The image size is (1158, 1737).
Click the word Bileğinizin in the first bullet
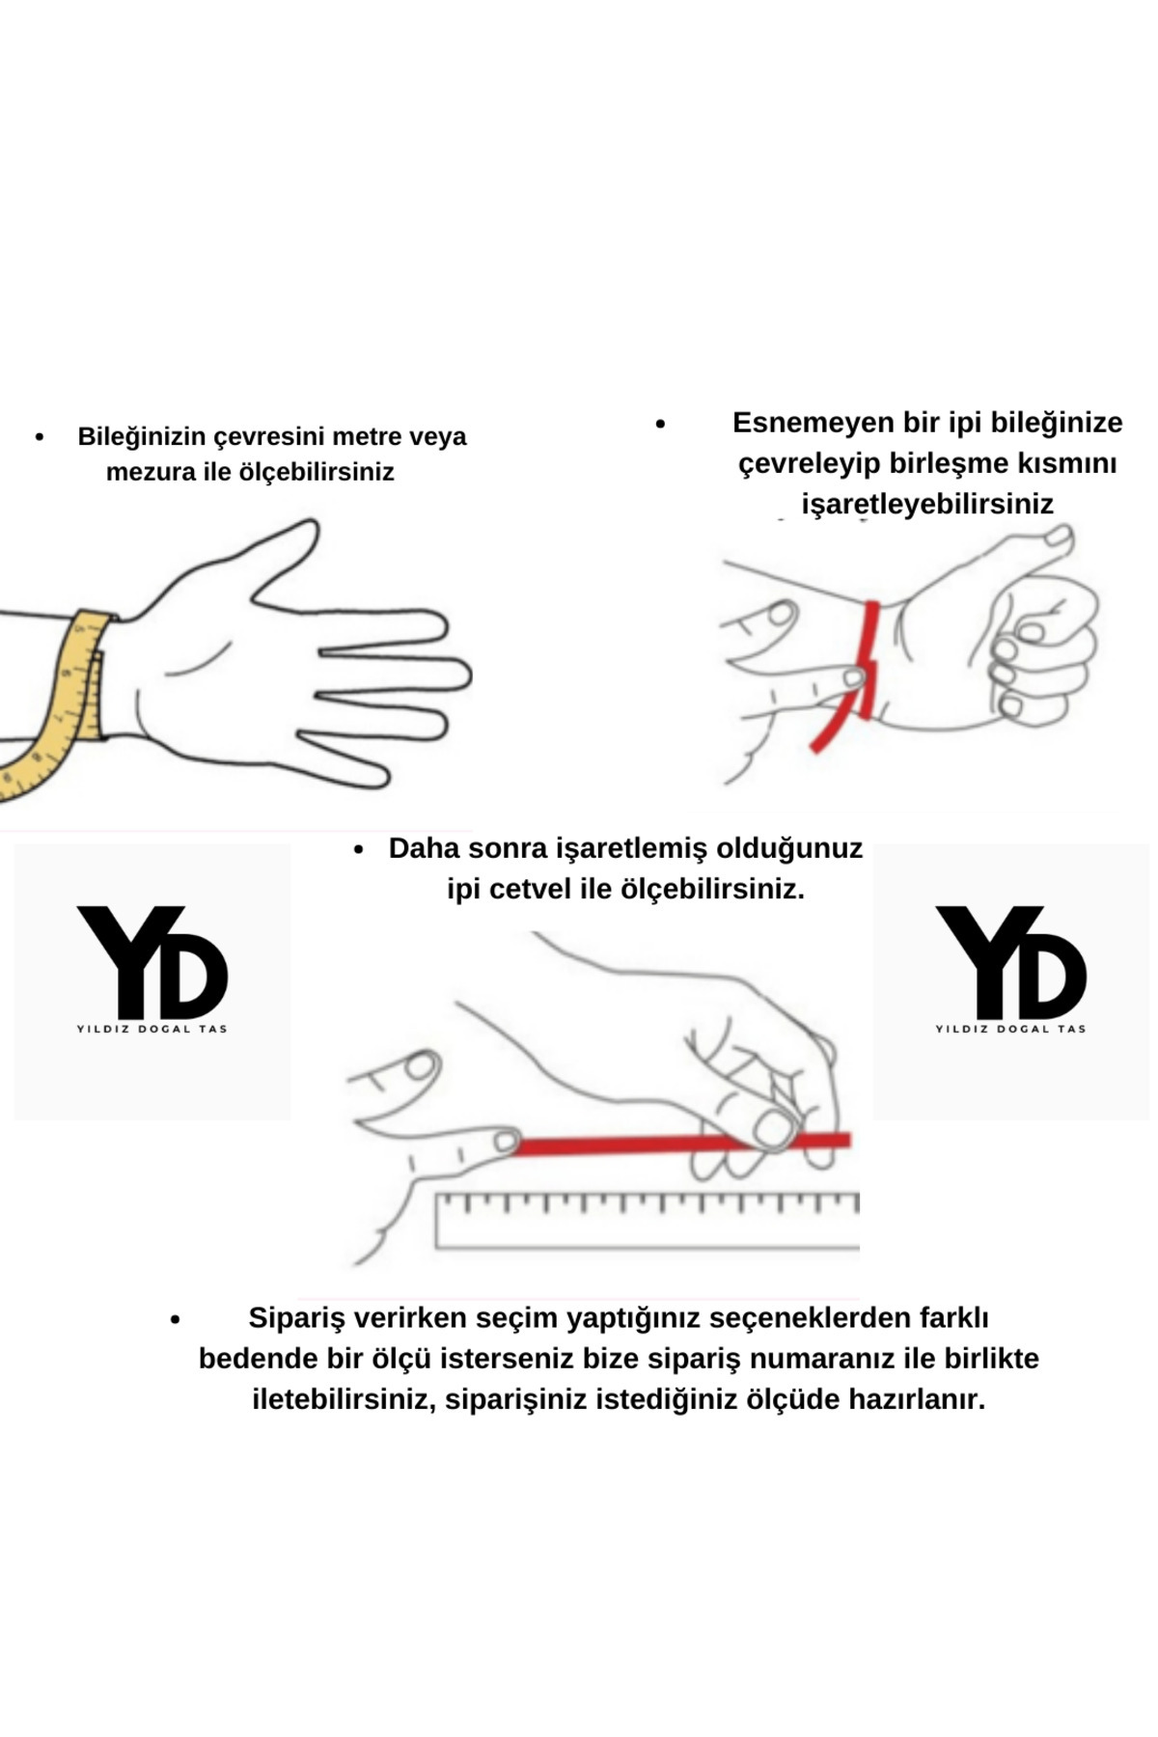pos(142,437)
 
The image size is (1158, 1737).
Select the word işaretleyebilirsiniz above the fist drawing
pos(927,504)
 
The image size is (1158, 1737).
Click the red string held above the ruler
pos(681,1144)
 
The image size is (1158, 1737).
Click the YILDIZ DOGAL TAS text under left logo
pos(152,1029)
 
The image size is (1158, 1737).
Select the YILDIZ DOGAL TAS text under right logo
pos(1011,1029)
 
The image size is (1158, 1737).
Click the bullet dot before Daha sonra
pos(359,850)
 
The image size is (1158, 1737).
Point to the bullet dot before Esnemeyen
pos(660,424)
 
